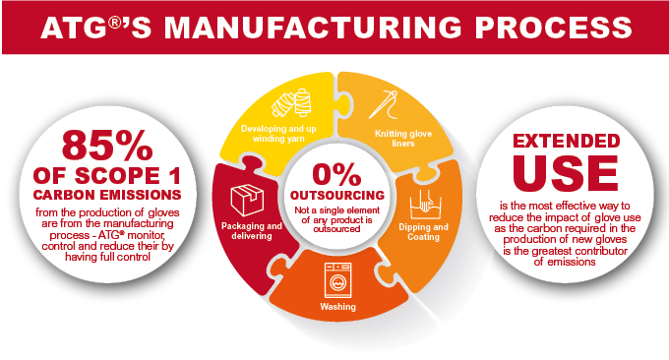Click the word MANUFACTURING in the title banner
pos(313,28)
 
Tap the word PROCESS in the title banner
pos(554,28)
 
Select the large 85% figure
pos(107,145)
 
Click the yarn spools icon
pos(292,103)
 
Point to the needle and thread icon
pos(383,104)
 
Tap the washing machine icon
pos(337,279)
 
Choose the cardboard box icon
pos(247,200)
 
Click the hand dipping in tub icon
pos(425,205)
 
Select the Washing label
pos(337,306)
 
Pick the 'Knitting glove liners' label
pos(403,139)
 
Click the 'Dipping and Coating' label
pos(424,231)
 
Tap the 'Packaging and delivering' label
pos(252,231)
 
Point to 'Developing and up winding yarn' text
pos(278,134)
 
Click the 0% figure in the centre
pos(337,174)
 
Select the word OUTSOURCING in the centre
pos(337,196)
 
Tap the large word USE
pos(566,173)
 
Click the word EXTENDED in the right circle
pos(566,141)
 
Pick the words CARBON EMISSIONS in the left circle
pos(107,195)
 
